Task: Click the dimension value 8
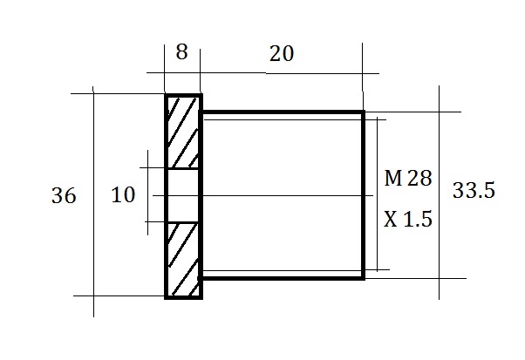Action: tap(181, 52)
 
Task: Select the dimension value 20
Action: tap(282, 54)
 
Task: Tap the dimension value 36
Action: tap(64, 196)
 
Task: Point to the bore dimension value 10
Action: tap(123, 194)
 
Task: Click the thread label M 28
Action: tap(408, 178)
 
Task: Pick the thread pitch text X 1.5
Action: tap(408, 220)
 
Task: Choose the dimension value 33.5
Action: tap(474, 190)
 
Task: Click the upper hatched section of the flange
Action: tap(182, 132)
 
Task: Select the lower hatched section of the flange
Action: tap(182, 260)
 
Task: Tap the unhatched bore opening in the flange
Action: tap(182, 195)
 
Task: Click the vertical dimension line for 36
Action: tap(93, 201)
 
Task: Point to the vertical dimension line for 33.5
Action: tap(439, 193)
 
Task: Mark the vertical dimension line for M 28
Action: tap(377, 194)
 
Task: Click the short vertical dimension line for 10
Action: tap(147, 193)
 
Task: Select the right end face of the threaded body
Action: tap(363, 194)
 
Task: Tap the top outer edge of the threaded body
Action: tap(282, 112)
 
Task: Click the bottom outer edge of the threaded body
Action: tap(281, 278)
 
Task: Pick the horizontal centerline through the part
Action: tap(262, 195)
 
